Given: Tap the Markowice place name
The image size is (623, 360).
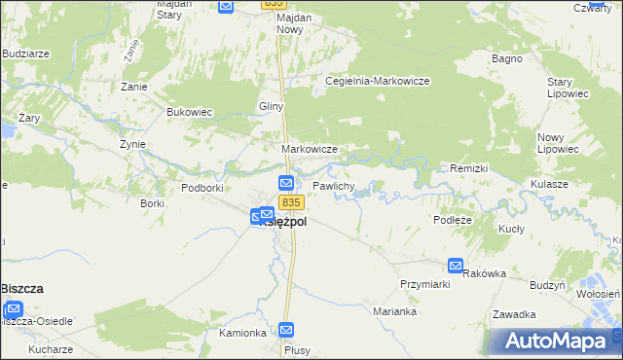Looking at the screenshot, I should click(x=309, y=149).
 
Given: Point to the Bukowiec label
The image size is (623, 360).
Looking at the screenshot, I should click(x=189, y=112).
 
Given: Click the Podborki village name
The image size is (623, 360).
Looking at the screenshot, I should click(x=203, y=187).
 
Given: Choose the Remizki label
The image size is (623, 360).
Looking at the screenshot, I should click(x=468, y=168).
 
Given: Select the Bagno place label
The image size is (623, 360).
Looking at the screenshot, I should click(x=507, y=58).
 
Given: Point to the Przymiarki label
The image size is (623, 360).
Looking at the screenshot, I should click(x=423, y=283).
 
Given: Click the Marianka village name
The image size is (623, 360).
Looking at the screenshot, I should click(x=395, y=311).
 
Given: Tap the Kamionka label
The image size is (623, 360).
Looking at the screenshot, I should click(x=242, y=333).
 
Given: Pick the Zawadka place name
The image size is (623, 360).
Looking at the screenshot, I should click(x=515, y=314).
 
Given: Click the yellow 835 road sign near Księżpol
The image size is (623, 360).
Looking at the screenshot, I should click(x=291, y=202).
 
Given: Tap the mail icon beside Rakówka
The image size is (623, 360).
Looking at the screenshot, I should click(x=456, y=266).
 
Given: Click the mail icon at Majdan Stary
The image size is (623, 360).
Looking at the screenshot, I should click(x=226, y=6).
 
